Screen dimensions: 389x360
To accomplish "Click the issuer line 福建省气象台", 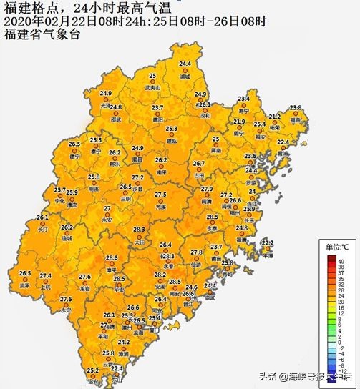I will (43, 31).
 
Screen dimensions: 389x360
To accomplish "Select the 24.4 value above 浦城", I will (185, 65).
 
